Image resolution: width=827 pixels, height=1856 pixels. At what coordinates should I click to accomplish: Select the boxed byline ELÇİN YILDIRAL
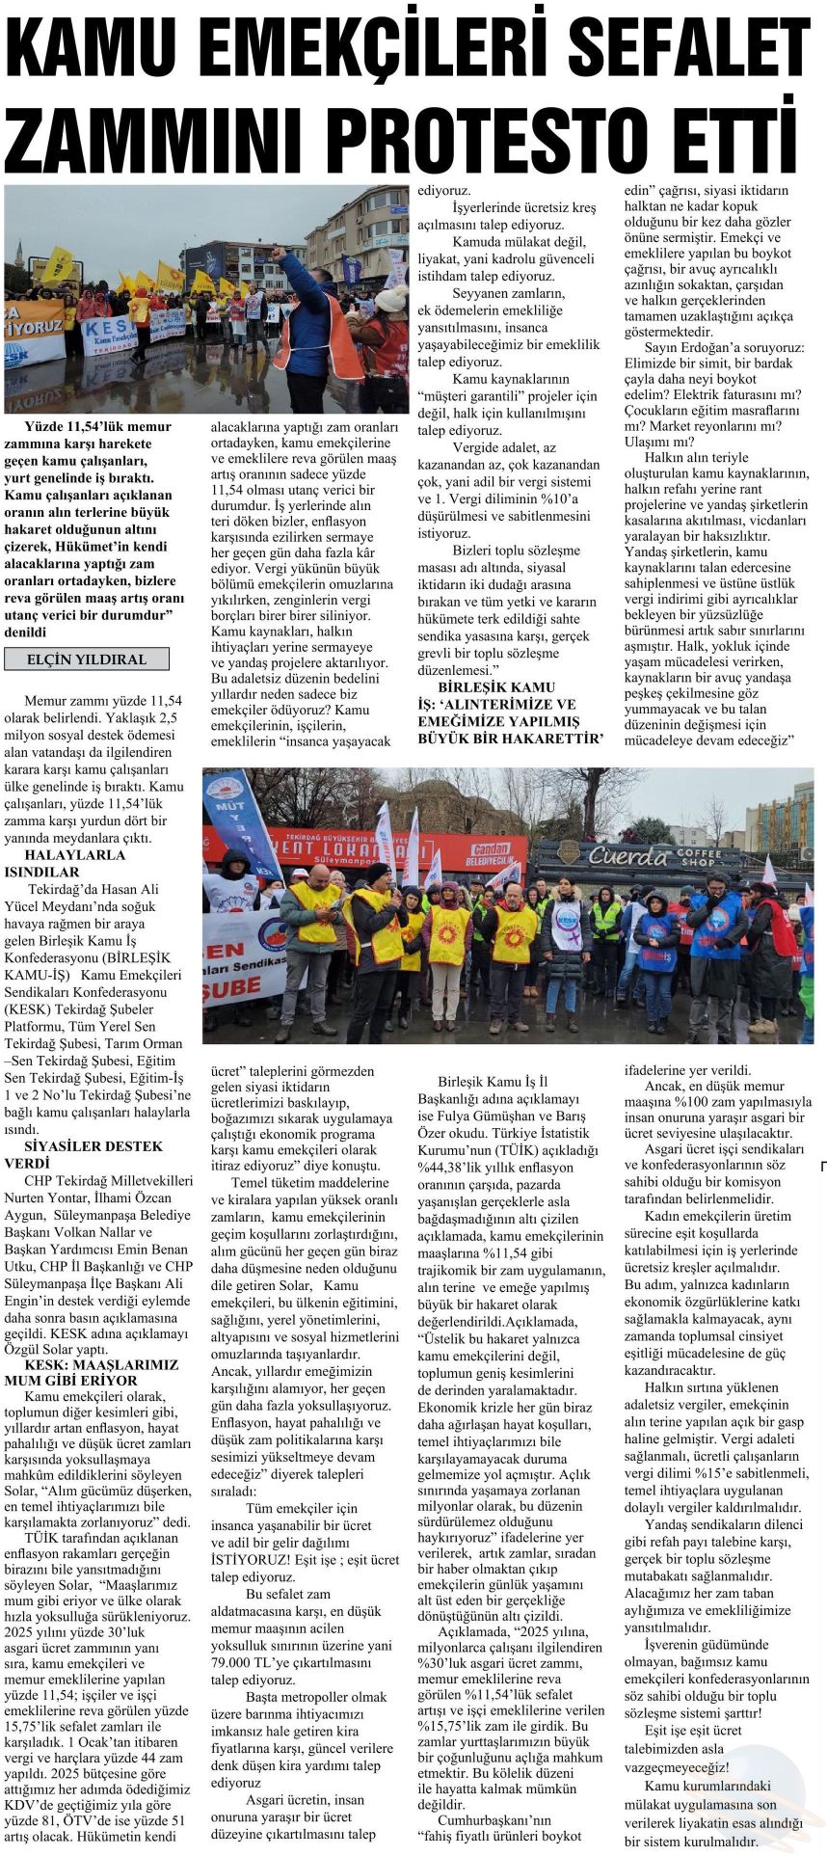click(87, 659)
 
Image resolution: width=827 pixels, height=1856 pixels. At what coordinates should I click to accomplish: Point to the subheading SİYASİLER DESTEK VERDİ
click(83, 1154)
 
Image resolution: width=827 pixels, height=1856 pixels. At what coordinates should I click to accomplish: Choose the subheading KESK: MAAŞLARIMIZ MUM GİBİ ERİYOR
click(91, 1372)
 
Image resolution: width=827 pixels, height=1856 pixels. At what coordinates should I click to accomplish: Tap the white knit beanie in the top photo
click(391, 298)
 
